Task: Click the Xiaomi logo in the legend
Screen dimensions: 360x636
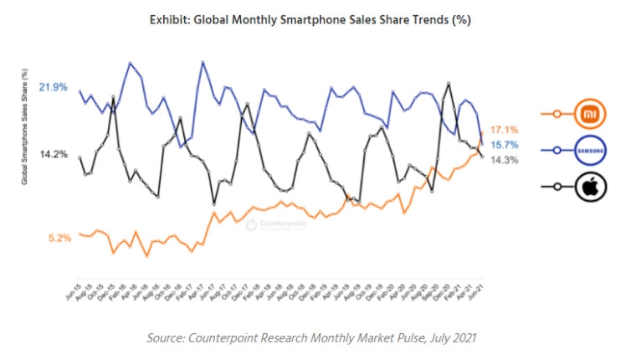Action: pos(591,113)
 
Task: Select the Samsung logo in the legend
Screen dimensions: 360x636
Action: pos(591,151)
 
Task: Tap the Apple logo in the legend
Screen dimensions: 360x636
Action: pos(591,187)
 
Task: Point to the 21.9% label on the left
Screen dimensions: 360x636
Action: pos(53,87)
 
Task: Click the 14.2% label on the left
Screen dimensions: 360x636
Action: pos(53,154)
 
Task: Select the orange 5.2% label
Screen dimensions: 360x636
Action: pos(59,238)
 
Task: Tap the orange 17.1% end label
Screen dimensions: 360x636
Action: pos(505,130)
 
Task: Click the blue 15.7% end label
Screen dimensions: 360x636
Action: pos(505,145)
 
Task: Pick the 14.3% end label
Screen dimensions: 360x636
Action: pos(505,160)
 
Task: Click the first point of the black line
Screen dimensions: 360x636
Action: pos(79,157)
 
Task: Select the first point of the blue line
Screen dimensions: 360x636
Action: pos(79,91)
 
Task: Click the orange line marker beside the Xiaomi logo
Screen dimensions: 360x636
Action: pos(553,113)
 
